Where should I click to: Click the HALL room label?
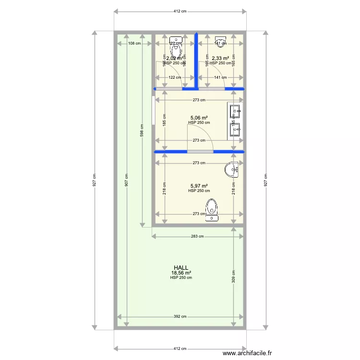click(181, 268)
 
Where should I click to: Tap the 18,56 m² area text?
click(181, 273)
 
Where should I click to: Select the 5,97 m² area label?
click(199, 186)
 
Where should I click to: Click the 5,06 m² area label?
click(199, 118)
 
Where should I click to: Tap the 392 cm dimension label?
click(180, 316)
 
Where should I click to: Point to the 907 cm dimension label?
click(126, 180)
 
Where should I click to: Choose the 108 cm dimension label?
click(134, 43)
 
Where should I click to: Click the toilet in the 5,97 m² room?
click(212, 210)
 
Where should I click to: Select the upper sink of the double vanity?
click(235, 112)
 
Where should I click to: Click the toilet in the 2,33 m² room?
click(221, 39)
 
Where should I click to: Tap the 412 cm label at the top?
click(180, 12)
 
